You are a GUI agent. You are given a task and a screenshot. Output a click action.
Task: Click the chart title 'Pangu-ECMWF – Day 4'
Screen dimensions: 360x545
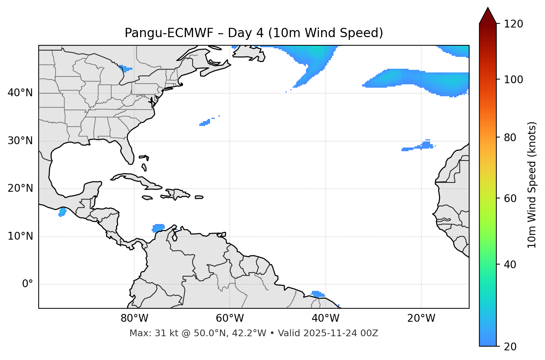coord(254,33)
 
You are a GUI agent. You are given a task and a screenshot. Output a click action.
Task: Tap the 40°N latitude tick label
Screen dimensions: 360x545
coord(20,93)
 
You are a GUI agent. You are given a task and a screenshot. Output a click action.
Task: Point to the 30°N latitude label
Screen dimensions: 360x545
coord(20,141)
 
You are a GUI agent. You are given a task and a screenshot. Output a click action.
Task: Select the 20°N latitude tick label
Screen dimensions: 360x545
coord(20,188)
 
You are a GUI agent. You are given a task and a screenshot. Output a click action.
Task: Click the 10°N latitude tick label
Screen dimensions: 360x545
coord(20,236)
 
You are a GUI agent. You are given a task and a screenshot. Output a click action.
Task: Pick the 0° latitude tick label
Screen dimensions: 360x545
coord(28,284)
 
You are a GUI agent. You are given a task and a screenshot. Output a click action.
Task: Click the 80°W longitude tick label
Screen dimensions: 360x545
coord(134,318)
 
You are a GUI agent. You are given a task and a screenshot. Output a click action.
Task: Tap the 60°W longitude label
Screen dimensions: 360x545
coord(230,318)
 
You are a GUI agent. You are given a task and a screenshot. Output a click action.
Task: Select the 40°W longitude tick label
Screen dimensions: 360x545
coord(325,318)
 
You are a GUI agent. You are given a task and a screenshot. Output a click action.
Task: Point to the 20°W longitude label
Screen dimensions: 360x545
coord(421,318)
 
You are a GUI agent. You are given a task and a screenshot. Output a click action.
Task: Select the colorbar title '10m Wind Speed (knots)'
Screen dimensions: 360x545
coord(532,185)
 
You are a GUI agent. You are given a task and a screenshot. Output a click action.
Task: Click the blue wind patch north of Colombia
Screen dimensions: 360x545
coord(159,227)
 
